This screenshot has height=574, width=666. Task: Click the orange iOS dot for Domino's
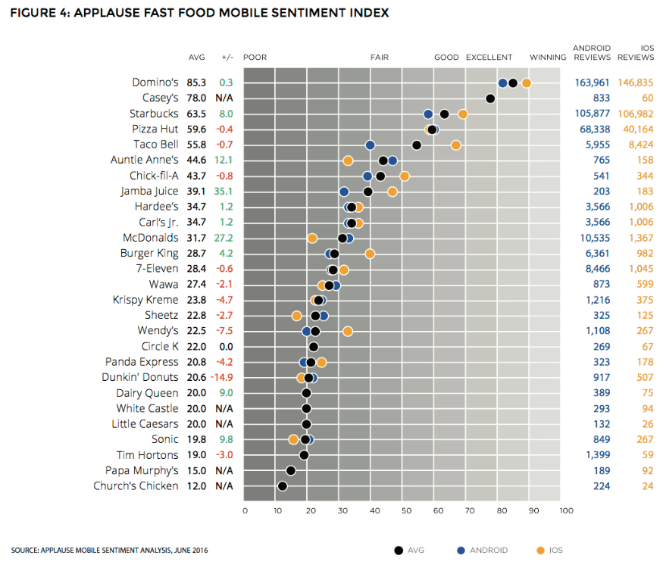(526, 83)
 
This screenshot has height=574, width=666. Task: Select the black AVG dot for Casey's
(490, 98)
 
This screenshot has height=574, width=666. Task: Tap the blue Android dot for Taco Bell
(370, 145)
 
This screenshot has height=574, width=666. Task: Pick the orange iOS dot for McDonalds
(312, 238)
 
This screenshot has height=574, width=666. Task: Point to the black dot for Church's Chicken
(282, 486)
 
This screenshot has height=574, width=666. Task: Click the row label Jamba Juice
(149, 192)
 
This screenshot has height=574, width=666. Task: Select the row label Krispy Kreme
(145, 300)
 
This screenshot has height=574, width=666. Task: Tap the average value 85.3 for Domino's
(197, 83)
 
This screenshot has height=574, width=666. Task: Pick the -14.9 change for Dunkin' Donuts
(222, 377)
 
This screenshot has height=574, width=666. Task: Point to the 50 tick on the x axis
(405, 511)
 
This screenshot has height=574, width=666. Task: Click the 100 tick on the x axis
(565, 511)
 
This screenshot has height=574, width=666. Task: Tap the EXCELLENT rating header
(489, 58)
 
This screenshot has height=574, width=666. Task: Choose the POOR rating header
(255, 58)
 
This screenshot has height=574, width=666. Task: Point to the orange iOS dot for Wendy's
(348, 331)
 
